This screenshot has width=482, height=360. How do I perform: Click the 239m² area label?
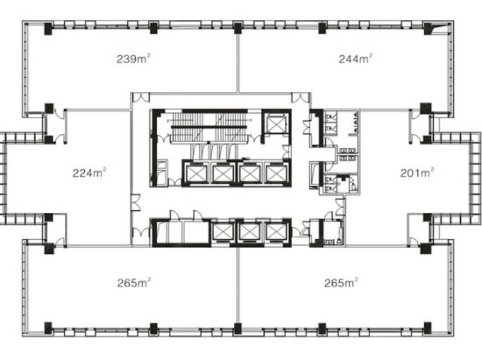134,59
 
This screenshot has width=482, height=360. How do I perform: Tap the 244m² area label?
355,59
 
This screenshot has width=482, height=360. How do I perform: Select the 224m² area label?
89,172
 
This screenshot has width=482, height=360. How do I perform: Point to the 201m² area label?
417,172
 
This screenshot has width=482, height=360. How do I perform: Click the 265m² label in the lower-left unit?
134,282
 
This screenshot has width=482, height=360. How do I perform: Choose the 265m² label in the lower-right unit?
341,282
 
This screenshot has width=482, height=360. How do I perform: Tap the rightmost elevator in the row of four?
276,174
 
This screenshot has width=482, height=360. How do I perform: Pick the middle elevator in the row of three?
249,232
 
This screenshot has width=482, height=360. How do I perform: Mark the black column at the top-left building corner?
48,28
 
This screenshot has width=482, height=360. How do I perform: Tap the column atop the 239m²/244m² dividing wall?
238,28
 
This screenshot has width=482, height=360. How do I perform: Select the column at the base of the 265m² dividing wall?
238,328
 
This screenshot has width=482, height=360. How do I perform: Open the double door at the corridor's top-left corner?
141,98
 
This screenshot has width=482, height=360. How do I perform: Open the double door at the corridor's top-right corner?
299,98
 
